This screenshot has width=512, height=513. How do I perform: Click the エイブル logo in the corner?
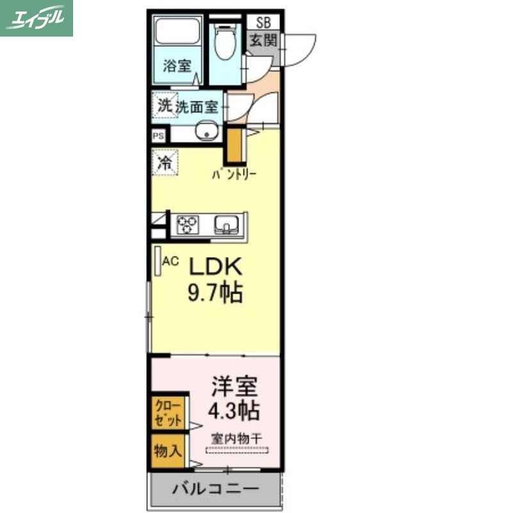click(37, 18)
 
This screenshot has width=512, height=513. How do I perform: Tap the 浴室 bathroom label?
click(177, 65)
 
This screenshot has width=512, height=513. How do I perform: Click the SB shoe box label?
click(263, 22)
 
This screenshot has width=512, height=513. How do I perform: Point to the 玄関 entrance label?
click(263, 40)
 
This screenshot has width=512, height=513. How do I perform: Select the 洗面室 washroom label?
click(197, 106)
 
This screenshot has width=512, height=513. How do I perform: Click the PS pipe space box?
click(158, 136)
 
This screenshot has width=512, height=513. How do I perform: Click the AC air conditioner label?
click(170, 261)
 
